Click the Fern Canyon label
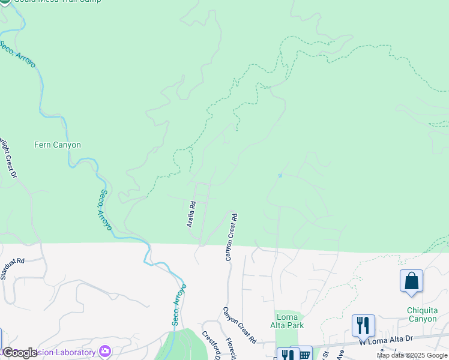tap(58, 145)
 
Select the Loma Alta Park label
tap(289, 321)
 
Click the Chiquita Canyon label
tap(422, 314)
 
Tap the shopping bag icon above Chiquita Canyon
tap(411, 281)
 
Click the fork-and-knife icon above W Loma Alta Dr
tap(363, 326)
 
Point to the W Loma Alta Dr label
tap(387, 339)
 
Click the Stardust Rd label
tap(12, 269)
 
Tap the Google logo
tap(20, 352)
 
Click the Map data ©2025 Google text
tap(412, 355)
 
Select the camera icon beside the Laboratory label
tap(106, 351)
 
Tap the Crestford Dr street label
tap(211, 345)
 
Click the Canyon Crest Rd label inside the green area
tap(231, 237)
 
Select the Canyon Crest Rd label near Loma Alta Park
tap(240, 325)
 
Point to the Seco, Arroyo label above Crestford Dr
tap(179, 304)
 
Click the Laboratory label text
tap(71, 352)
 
